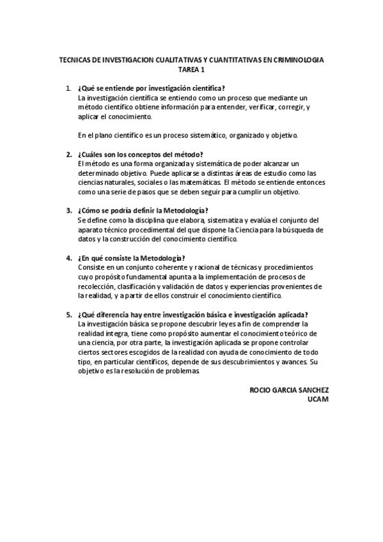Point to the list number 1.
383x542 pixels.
point(68,88)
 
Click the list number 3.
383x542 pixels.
point(68,210)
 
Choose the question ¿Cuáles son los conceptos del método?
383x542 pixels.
point(140,154)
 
